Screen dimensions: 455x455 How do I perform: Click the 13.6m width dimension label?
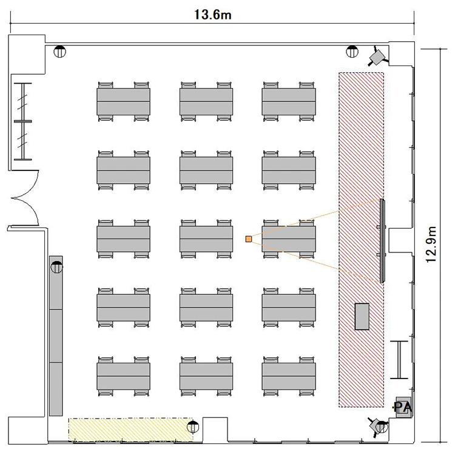(x=213, y=15)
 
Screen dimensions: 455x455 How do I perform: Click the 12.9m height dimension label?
(x=431, y=244)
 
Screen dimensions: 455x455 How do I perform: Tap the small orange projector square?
(x=248, y=239)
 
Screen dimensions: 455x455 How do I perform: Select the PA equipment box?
(x=403, y=408)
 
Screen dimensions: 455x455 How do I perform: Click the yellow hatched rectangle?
(x=130, y=430)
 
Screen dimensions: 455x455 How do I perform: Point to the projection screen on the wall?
(x=382, y=241)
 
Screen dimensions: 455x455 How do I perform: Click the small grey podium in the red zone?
(x=362, y=317)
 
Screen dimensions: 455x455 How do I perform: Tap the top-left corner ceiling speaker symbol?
(x=60, y=52)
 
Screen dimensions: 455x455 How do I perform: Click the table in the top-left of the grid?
(x=123, y=101)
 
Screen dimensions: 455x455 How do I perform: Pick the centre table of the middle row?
(x=206, y=239)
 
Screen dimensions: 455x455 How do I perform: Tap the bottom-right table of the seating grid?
(x=289, y=376)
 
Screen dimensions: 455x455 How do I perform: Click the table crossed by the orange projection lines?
(x=289, y=239)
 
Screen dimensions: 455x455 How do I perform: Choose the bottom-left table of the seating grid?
(x=123, y=376)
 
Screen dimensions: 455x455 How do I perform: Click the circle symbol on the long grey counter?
(x=56, y=267)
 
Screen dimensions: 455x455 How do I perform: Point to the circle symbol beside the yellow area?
(x=193, y=427)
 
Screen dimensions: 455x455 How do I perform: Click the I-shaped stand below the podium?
(x=399, y=360)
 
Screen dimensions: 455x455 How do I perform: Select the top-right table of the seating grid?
(x=289, y=101)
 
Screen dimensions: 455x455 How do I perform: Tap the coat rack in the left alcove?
(x=22, y=121)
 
